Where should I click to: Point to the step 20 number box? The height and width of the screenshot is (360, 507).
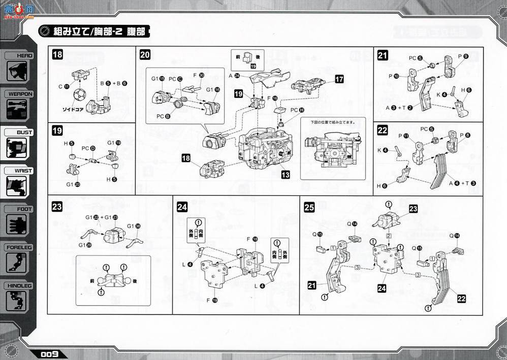[x=145, y=55]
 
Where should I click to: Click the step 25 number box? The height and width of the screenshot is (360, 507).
[x=309, y=207]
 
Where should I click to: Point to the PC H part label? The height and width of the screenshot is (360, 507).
[x=297, y=110]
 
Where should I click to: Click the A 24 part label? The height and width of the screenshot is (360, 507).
[x=236, y=75]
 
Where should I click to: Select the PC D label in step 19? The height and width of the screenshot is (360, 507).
[x=88, y=148]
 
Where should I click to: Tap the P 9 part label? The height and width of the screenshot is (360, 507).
[x=462, y=57]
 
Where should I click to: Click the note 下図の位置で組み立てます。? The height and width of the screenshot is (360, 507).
[x=332, y=122]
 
